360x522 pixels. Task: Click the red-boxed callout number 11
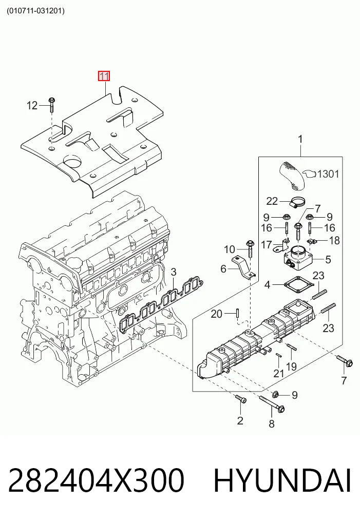pos(104,76)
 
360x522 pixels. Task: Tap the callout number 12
pos(32,106)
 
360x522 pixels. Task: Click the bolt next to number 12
pos(52,104)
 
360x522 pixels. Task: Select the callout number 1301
pos(328,174)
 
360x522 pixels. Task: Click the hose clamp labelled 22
pos(297,202)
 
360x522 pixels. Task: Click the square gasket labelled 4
pos(299,285)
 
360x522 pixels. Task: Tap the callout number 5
pos(328,259)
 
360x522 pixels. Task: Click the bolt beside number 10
pos(250,249)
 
